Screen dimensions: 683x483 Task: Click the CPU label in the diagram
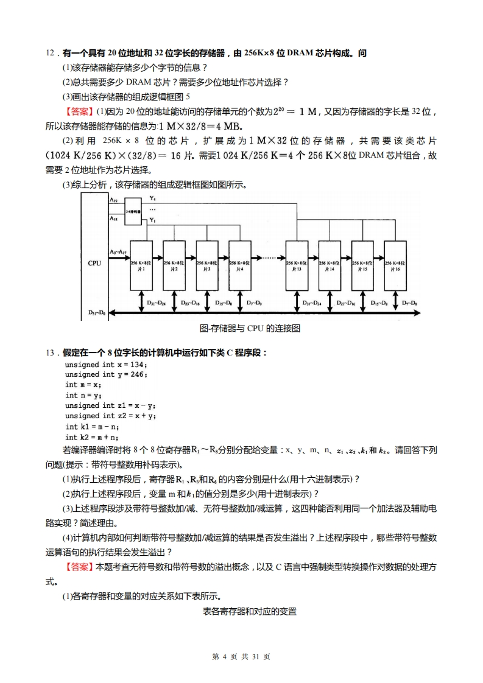(94, 262)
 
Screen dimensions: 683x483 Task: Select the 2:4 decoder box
(133, 211)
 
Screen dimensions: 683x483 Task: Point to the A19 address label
(114, 200)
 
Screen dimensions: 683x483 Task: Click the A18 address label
(114, 218)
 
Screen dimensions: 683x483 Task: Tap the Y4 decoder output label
(152, 199)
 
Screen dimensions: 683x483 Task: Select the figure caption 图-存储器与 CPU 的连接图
(250, 329)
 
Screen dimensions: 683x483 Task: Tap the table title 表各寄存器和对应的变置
(249, 611)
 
